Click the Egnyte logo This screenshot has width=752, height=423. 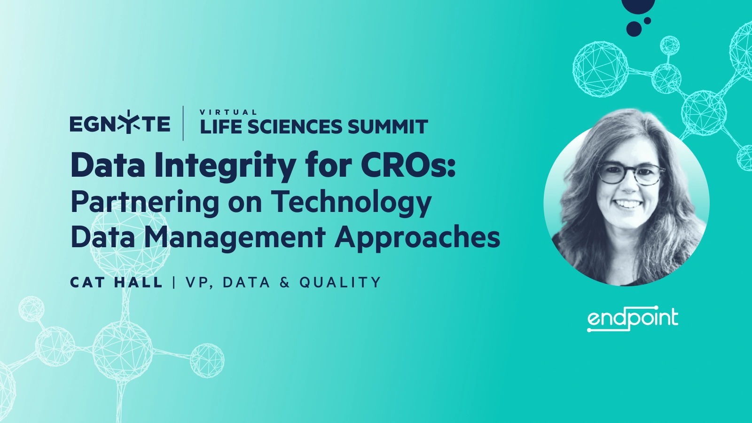(x=120, y=124)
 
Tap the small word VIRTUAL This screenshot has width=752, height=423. (x=228, y=112)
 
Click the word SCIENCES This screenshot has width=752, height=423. (x=295, y=127)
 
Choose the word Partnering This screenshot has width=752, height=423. (x=145, y=202)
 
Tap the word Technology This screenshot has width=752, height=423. (x=351, y=202)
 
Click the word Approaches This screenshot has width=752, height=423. (x=417, y=238)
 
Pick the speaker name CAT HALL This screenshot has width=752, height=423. (x=116, y=282)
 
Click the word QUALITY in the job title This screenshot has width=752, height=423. (x=340, y=282)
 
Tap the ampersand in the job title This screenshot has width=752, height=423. (x=284, y=282)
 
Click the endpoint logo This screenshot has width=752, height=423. (x=633, y=319)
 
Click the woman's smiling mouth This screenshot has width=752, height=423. (x=627, y=204)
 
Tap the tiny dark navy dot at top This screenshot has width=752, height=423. (x=647, y=21)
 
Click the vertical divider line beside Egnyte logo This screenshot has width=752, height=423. (x=183, y=123)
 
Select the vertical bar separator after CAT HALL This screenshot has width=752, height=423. (x=174, y=282)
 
